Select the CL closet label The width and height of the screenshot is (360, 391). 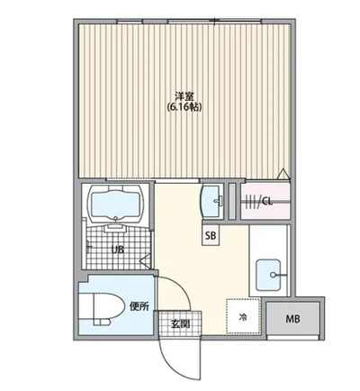point(267,202)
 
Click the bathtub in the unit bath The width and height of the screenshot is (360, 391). point(116,206)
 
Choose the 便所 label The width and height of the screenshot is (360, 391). point(139,307)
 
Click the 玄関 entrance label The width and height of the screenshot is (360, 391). point(179,323)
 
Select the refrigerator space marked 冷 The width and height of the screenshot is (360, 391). point(243,315)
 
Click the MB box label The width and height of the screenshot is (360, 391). point(293,319)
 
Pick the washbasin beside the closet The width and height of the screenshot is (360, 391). point(212,200)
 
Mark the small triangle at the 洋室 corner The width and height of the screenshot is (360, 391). point(283,174)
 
